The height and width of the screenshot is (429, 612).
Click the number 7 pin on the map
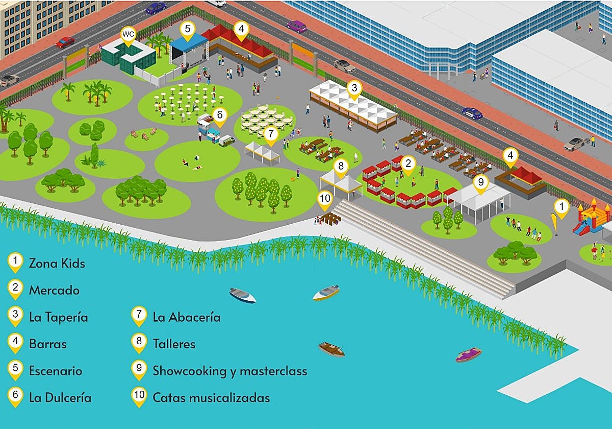(x=271, y=134)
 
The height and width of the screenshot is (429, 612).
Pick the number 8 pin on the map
(x=341, y=166)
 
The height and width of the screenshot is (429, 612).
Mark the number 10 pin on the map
(x=325, y=198)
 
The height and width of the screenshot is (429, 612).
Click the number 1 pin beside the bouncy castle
(x=562, y=207)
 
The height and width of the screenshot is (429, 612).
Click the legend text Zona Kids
(x=57, y=264)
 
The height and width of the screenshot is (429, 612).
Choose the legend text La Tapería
(x=58, y=317)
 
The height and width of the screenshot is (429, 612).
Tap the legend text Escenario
(x=55, y=371)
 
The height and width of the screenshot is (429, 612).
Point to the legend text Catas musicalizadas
(x=211, y=397)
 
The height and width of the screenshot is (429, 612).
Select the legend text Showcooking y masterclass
(x=229, y=371)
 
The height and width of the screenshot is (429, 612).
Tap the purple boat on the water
(x=469, y=354)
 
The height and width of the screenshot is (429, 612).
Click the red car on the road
(x=65, y=42)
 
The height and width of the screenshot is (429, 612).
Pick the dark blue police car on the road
(x=472, y=113)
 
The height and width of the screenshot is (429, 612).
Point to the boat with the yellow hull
(x=326, y=293)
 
